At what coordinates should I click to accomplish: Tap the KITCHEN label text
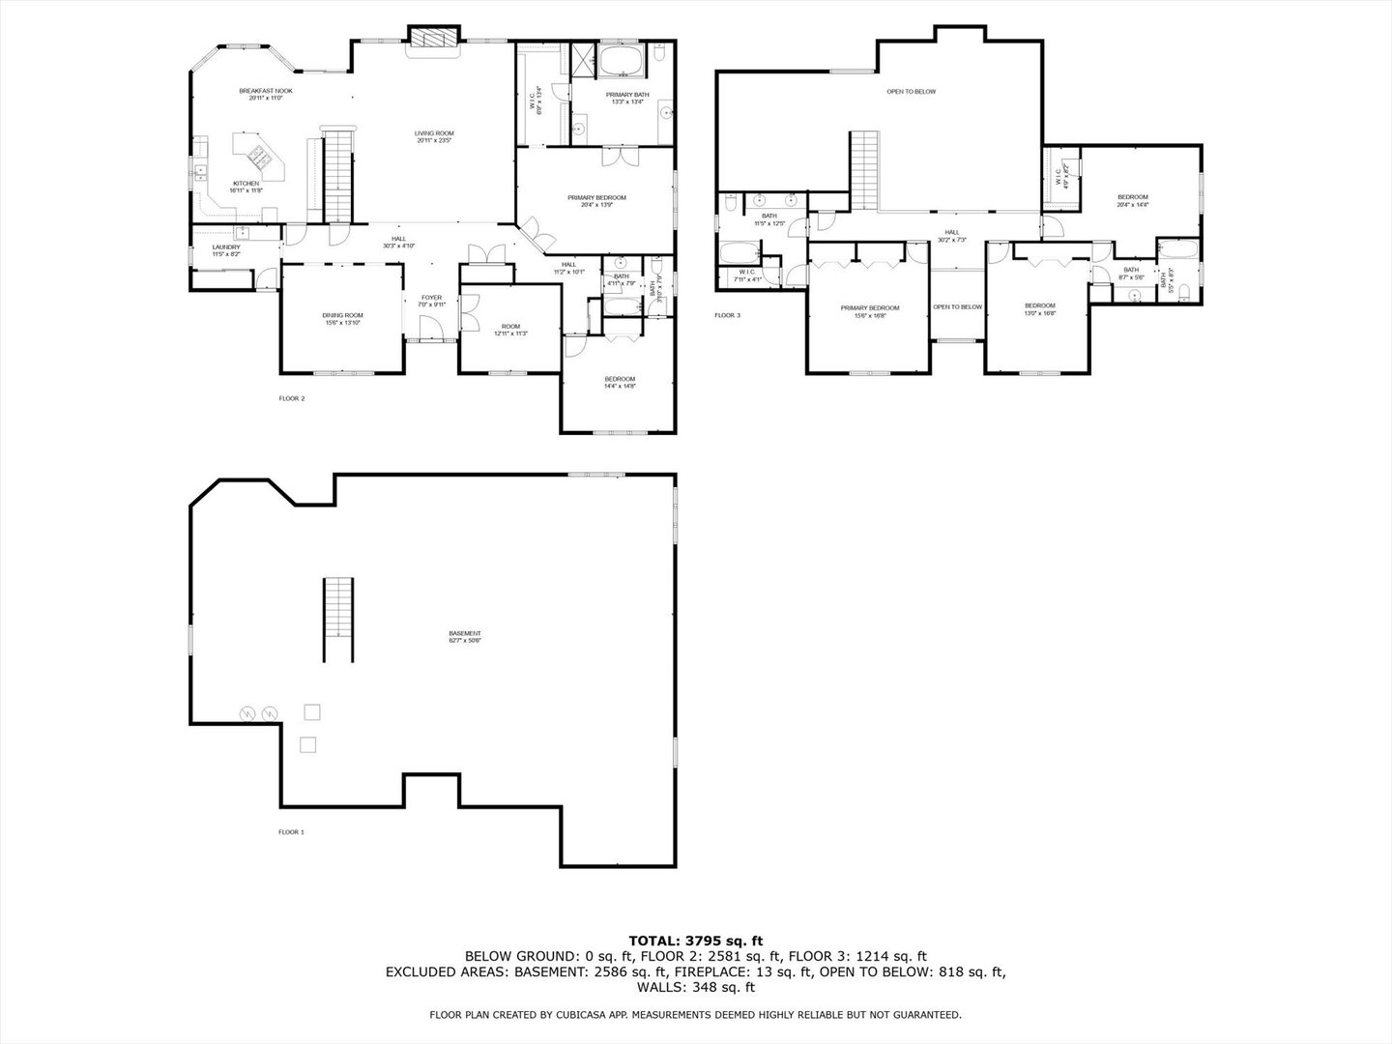coord(246,184)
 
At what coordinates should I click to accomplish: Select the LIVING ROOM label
coord(434,133)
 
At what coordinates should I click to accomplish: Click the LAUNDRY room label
coord(226,247)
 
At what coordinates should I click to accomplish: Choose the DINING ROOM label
coord(342,315)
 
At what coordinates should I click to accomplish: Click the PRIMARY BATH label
coord(627,95)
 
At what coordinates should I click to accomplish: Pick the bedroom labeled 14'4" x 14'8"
coord(620,379)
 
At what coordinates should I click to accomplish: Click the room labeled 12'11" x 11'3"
coord(509,327)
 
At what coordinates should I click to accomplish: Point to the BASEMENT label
coord(464,634)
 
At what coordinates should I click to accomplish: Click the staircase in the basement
coord(338,607)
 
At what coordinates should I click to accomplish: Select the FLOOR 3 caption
coord(727,315)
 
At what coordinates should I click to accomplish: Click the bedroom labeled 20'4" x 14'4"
coord(1132,197)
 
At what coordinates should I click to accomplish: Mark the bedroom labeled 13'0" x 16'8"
coord(1040,306)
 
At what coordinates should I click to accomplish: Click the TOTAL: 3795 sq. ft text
coord(696,940)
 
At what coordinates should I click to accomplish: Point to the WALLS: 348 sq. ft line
coord(696,988)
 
